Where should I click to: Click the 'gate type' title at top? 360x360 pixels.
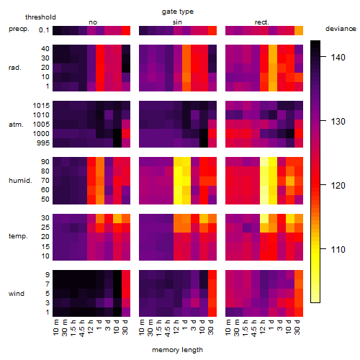click(178, 12)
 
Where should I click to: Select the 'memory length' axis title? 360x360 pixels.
click(177, 350)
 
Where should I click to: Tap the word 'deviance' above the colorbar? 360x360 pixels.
click(341, 29)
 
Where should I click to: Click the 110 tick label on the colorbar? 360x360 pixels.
click(338, 250)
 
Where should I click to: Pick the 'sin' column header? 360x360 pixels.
click(177, 22)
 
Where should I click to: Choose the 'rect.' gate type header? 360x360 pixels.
click(262, 22)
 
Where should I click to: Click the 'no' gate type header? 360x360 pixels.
click(93, 22)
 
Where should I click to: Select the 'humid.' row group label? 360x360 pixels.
click(20, 181)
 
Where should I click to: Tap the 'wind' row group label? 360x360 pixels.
click(17, 294)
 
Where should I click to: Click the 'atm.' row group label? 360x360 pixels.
click(16, 125)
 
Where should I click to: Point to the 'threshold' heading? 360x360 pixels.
click(40, 17)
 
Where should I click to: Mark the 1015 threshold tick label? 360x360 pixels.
click(41, 106)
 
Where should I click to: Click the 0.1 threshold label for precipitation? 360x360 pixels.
click(44, 30)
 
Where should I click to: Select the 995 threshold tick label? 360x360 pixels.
click(43, 143)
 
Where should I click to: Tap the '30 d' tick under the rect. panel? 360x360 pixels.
click(297, 327)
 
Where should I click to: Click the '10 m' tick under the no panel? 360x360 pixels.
click(55, 328)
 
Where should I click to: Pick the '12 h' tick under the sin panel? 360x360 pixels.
click(176, 327)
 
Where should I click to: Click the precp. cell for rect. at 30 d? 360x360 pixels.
click(299, 30)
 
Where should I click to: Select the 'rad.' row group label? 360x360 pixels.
click(15, 68)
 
